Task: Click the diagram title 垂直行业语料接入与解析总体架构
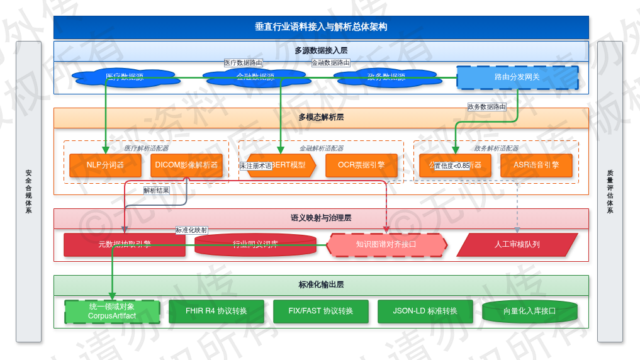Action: pos(321,27)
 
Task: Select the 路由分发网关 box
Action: pos(517,77)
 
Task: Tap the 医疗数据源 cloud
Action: pos(124,77)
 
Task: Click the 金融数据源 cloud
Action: pos(255,77)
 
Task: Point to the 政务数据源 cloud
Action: pos(385,77)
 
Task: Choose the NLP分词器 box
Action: pos(105,166)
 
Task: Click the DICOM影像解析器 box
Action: pos(187,166)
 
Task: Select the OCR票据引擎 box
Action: pos(361,166)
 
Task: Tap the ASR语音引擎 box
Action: pos(536,166)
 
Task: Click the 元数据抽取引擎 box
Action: pos(125,245)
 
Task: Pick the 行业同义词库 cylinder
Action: pos(255,245)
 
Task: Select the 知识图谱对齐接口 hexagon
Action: pos(386,245)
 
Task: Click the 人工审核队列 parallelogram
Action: pos(517,245)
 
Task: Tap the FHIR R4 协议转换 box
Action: pos(216,312)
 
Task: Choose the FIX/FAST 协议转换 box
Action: pos(321,312)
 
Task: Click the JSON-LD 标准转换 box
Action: pos(425,312)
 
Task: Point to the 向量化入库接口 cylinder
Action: pos(530,312)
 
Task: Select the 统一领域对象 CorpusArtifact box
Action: pos(112,312)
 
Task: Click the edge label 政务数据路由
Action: pos(486,107)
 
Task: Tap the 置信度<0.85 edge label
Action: pos(452,166)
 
